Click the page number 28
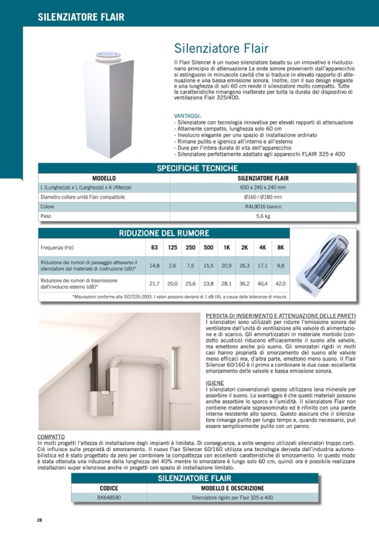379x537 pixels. click(40, 520)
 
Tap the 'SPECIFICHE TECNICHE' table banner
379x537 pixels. click(197, 168)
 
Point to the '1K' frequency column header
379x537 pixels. click(226, 247)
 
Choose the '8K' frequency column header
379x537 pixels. click(281, 247)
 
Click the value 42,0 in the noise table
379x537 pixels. click(281, 283)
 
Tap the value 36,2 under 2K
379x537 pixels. click(244, 283)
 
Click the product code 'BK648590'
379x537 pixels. click(109, 497)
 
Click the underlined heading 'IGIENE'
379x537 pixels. click(215, 383)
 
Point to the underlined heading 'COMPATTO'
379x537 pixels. click(51, 436)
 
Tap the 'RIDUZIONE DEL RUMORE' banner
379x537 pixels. click(164, 233)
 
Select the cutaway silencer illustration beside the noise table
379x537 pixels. click(323, 264)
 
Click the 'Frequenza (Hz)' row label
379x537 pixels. click(57, 247)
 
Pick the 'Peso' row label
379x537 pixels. click(46, 216)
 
